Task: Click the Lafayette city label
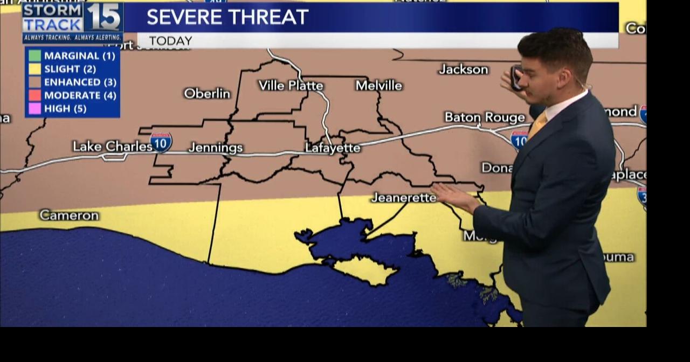[333, 148]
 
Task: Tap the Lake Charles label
[112, 146]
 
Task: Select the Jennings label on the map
[216, 148]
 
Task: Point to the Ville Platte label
[291, 86]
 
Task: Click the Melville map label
[379, 85]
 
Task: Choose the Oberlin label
[207, 93]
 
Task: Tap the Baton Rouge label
[485, 117]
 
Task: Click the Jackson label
[464, 69]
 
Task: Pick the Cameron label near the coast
[69, 215]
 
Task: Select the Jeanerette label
[404, 198]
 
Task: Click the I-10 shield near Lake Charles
[161, 142]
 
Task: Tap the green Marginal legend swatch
[34, 55]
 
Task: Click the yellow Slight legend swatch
[34, 69]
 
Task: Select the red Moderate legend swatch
[34, 95]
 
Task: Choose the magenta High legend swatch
[34, 108]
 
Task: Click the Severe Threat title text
[227, 17]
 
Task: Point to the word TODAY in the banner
[170, 41]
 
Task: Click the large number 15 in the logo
[104, 17]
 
